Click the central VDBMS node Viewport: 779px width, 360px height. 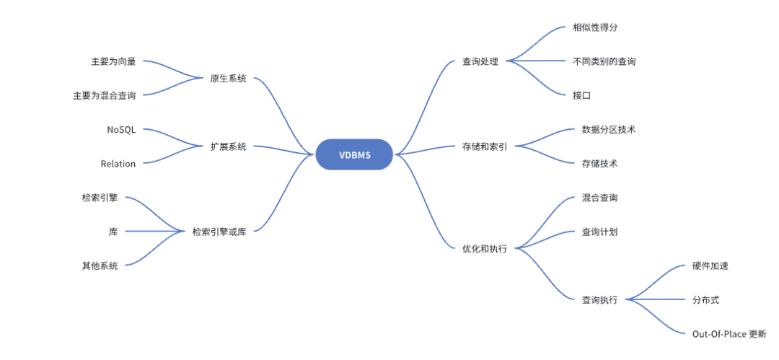click(x=353, y=154)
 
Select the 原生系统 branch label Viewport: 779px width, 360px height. click(x=228, y=79)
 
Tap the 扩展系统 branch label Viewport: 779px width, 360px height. click(x=228, y=146)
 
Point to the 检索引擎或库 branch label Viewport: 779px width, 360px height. click(x=219, y=232)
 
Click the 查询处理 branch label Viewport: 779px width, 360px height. click(x=480, y=61)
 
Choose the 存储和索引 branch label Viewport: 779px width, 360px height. click(x=485, y=146)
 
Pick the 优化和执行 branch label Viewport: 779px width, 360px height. click(x=485, y=248)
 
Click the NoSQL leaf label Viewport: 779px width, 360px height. click(x=120, y=130)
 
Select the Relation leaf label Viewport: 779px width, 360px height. click(x=118, y=164)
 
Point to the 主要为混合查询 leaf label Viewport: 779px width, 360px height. click(x=105, y=95)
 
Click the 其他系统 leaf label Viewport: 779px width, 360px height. click(x=100, y=265)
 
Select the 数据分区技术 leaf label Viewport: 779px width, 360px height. click(x=609, y=129)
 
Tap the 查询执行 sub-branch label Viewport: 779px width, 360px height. click(x=599, y=299)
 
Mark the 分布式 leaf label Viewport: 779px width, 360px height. click(x=705, y=299)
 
